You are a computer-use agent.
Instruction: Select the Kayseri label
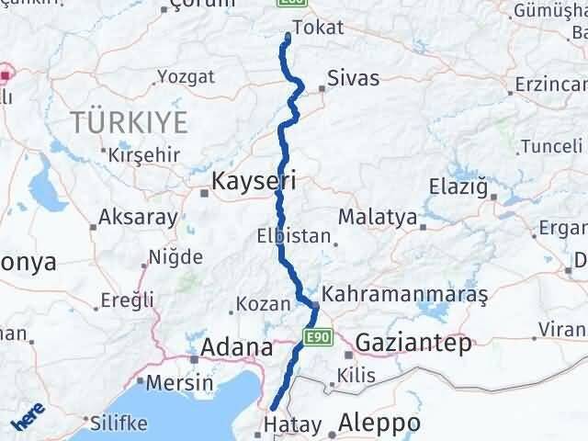[254, 181]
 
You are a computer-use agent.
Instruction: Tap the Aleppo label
[379, 423]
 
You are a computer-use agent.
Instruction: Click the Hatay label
[292, 425]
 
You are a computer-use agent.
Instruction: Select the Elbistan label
[294, 235]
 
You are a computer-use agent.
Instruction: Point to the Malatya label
[378, 217]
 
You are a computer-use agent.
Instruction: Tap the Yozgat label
[186, 76]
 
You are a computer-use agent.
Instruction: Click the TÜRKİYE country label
[130, 121]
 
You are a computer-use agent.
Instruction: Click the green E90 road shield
[316, 338]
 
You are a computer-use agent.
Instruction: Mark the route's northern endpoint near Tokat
[288, 37]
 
